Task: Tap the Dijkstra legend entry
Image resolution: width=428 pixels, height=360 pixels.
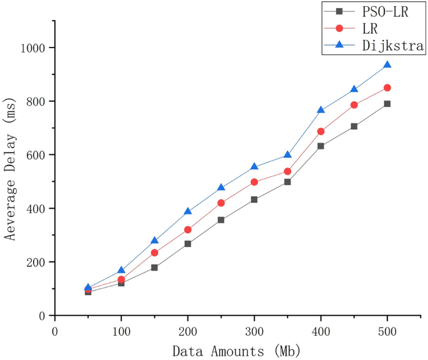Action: click(x=374, y=46)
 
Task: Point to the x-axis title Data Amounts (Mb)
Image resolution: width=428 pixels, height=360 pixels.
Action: click(x=237, y=351)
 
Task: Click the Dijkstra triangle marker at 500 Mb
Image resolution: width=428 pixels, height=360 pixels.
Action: click(x=387, y=65)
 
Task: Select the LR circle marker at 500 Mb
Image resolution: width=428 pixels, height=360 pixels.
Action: click(x=387, y=88)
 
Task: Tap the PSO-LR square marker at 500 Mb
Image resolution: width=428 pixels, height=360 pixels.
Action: click(x=387, y=104)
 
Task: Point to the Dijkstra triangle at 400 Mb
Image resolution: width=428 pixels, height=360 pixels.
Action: click(x=321, y=110)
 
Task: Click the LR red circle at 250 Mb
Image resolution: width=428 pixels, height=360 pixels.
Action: click(x=221, y=203)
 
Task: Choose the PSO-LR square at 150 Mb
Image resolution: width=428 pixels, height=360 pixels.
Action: click(x=154, y=267)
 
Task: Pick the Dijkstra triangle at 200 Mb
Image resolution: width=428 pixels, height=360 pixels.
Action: click(x=187, y=212)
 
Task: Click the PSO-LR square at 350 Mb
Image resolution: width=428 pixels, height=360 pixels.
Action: click(x=287, y=182)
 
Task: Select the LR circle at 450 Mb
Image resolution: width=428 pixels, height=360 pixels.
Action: click(x=354, y=105)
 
